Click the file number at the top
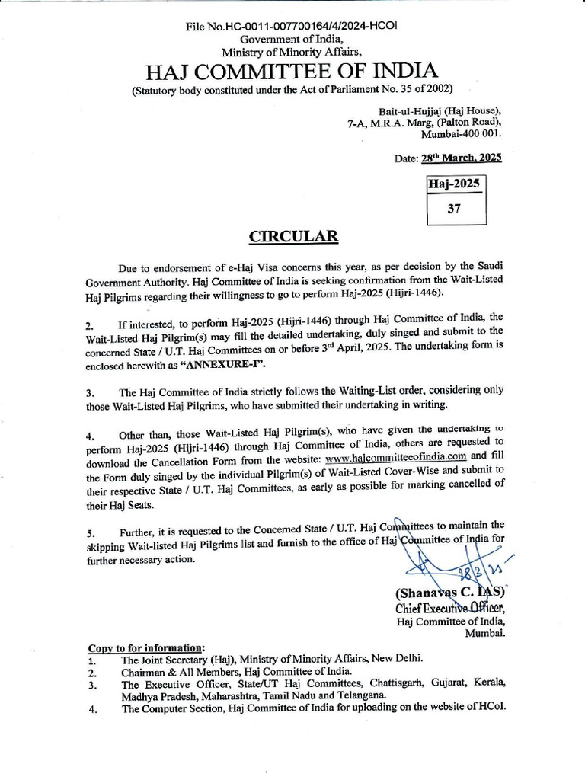292,26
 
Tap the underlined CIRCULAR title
293,236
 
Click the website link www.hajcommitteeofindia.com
395,456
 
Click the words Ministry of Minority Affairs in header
292,52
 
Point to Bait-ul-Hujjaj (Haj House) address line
439,110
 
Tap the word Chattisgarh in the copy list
387,683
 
